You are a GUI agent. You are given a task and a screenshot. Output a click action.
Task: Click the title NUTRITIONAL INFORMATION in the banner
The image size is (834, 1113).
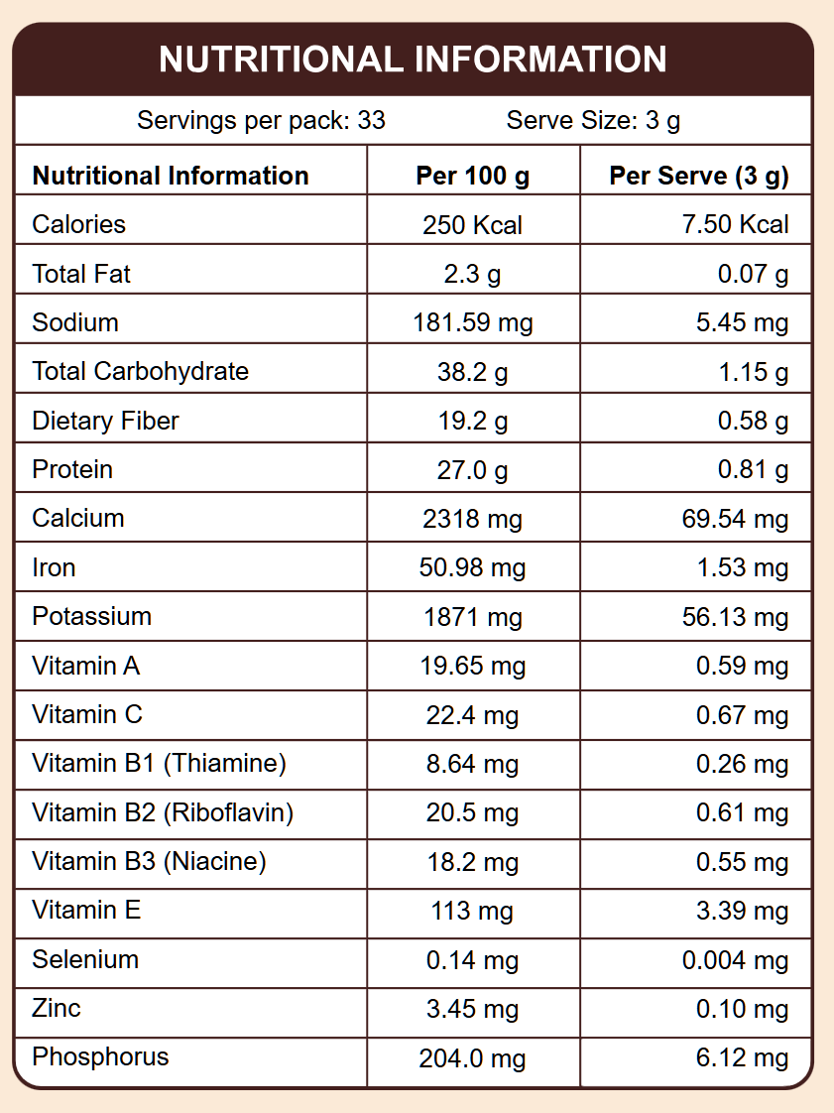point(413,60)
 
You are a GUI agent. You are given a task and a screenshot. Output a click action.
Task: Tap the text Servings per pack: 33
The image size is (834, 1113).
point(261,121)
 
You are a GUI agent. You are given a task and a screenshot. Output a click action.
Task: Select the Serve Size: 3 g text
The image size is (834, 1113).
point(593,121)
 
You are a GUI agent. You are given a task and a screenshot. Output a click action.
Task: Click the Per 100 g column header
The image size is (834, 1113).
point(473,177)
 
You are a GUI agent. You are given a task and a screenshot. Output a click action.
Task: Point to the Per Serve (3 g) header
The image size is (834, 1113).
point(699,177)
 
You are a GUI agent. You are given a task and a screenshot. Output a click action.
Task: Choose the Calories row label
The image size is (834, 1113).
point(79,224)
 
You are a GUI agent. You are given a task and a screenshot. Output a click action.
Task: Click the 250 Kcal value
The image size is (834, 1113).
point(473,225)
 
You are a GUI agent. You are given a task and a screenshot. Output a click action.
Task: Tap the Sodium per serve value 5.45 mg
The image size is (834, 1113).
point(744,323)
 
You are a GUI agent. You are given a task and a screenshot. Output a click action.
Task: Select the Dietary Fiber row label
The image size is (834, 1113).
point(105,421)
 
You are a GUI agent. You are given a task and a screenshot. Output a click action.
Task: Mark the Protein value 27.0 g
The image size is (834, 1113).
point(473,470)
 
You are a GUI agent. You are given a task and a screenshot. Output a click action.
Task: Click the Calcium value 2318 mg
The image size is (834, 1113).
point(473,519)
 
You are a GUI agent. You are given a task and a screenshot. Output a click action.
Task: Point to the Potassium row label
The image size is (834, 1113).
point(92,616)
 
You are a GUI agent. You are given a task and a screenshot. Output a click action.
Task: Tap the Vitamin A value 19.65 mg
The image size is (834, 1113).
point(473,667)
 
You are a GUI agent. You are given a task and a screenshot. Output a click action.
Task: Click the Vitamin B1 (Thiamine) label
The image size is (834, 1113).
point(159,764)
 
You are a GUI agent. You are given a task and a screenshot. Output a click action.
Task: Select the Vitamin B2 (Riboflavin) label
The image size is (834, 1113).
point(163,813)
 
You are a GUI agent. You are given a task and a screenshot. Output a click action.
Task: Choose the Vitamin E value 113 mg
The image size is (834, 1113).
point(473,912)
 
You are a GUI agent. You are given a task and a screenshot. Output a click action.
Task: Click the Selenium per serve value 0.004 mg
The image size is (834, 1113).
point(736,960)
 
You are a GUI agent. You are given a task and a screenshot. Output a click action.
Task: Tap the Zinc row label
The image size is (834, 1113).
point(57,1009)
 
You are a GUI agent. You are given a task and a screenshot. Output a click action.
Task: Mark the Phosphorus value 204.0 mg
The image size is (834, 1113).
point(473,1058)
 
